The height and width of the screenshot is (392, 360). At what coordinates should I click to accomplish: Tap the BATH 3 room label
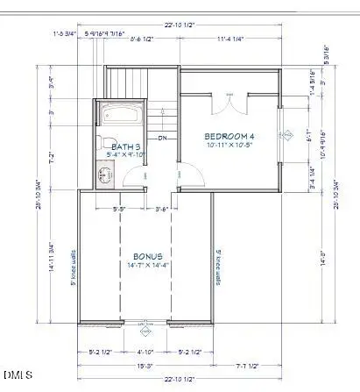[x=118, y=146]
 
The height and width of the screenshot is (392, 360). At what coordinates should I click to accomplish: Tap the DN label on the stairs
[x=162, y=139]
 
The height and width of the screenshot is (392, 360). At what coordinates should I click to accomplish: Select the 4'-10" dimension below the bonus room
[x=145, y=353]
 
